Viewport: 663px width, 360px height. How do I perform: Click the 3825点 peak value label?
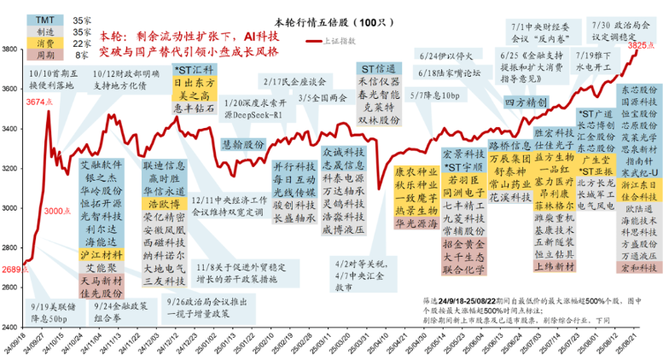tap(641, 46)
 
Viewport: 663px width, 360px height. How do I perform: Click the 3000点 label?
tap(54, 211)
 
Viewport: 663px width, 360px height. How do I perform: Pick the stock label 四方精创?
tap(525, 102)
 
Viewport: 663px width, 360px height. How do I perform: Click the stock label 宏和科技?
tap(641, 267)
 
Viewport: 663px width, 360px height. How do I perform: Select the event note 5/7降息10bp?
tap(434, 94)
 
